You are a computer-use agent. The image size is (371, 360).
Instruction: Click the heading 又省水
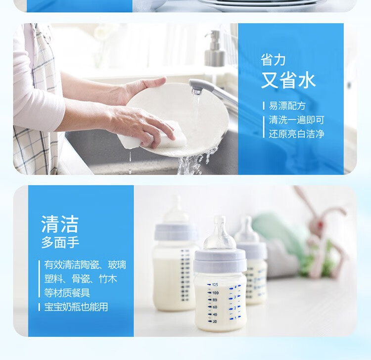tap(288, 80)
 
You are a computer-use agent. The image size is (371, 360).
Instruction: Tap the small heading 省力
tap(273, 60)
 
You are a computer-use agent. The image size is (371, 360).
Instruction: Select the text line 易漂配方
tap(287, 106)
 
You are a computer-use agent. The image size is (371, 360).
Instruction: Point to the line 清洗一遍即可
tap(296, 120)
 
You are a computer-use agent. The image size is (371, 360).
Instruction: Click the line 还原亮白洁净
tap(296, 134)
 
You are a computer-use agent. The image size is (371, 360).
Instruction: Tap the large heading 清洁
tap(60, 224)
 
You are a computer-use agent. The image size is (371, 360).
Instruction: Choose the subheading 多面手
tap(60, 243)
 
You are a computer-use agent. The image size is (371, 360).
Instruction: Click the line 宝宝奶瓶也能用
tap(76, 307)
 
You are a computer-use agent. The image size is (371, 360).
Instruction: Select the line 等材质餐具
tap(67, 293)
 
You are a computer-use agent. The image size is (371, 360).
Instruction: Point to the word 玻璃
tap(117, 265)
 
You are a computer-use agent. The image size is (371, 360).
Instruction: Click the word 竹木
tap(108, 279)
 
